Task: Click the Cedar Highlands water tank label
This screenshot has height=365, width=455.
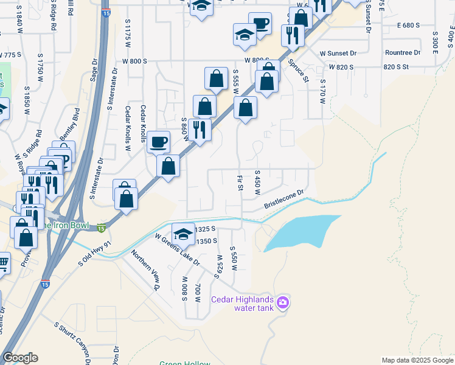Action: (241, 303)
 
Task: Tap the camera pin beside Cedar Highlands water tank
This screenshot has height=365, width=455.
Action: (282, 302)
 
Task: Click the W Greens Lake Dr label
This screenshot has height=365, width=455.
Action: (177, 249)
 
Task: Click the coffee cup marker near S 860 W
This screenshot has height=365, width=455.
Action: (158, 143)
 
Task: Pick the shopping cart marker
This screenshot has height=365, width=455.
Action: (2, 264)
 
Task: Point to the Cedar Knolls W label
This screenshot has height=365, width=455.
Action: (128, 128)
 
